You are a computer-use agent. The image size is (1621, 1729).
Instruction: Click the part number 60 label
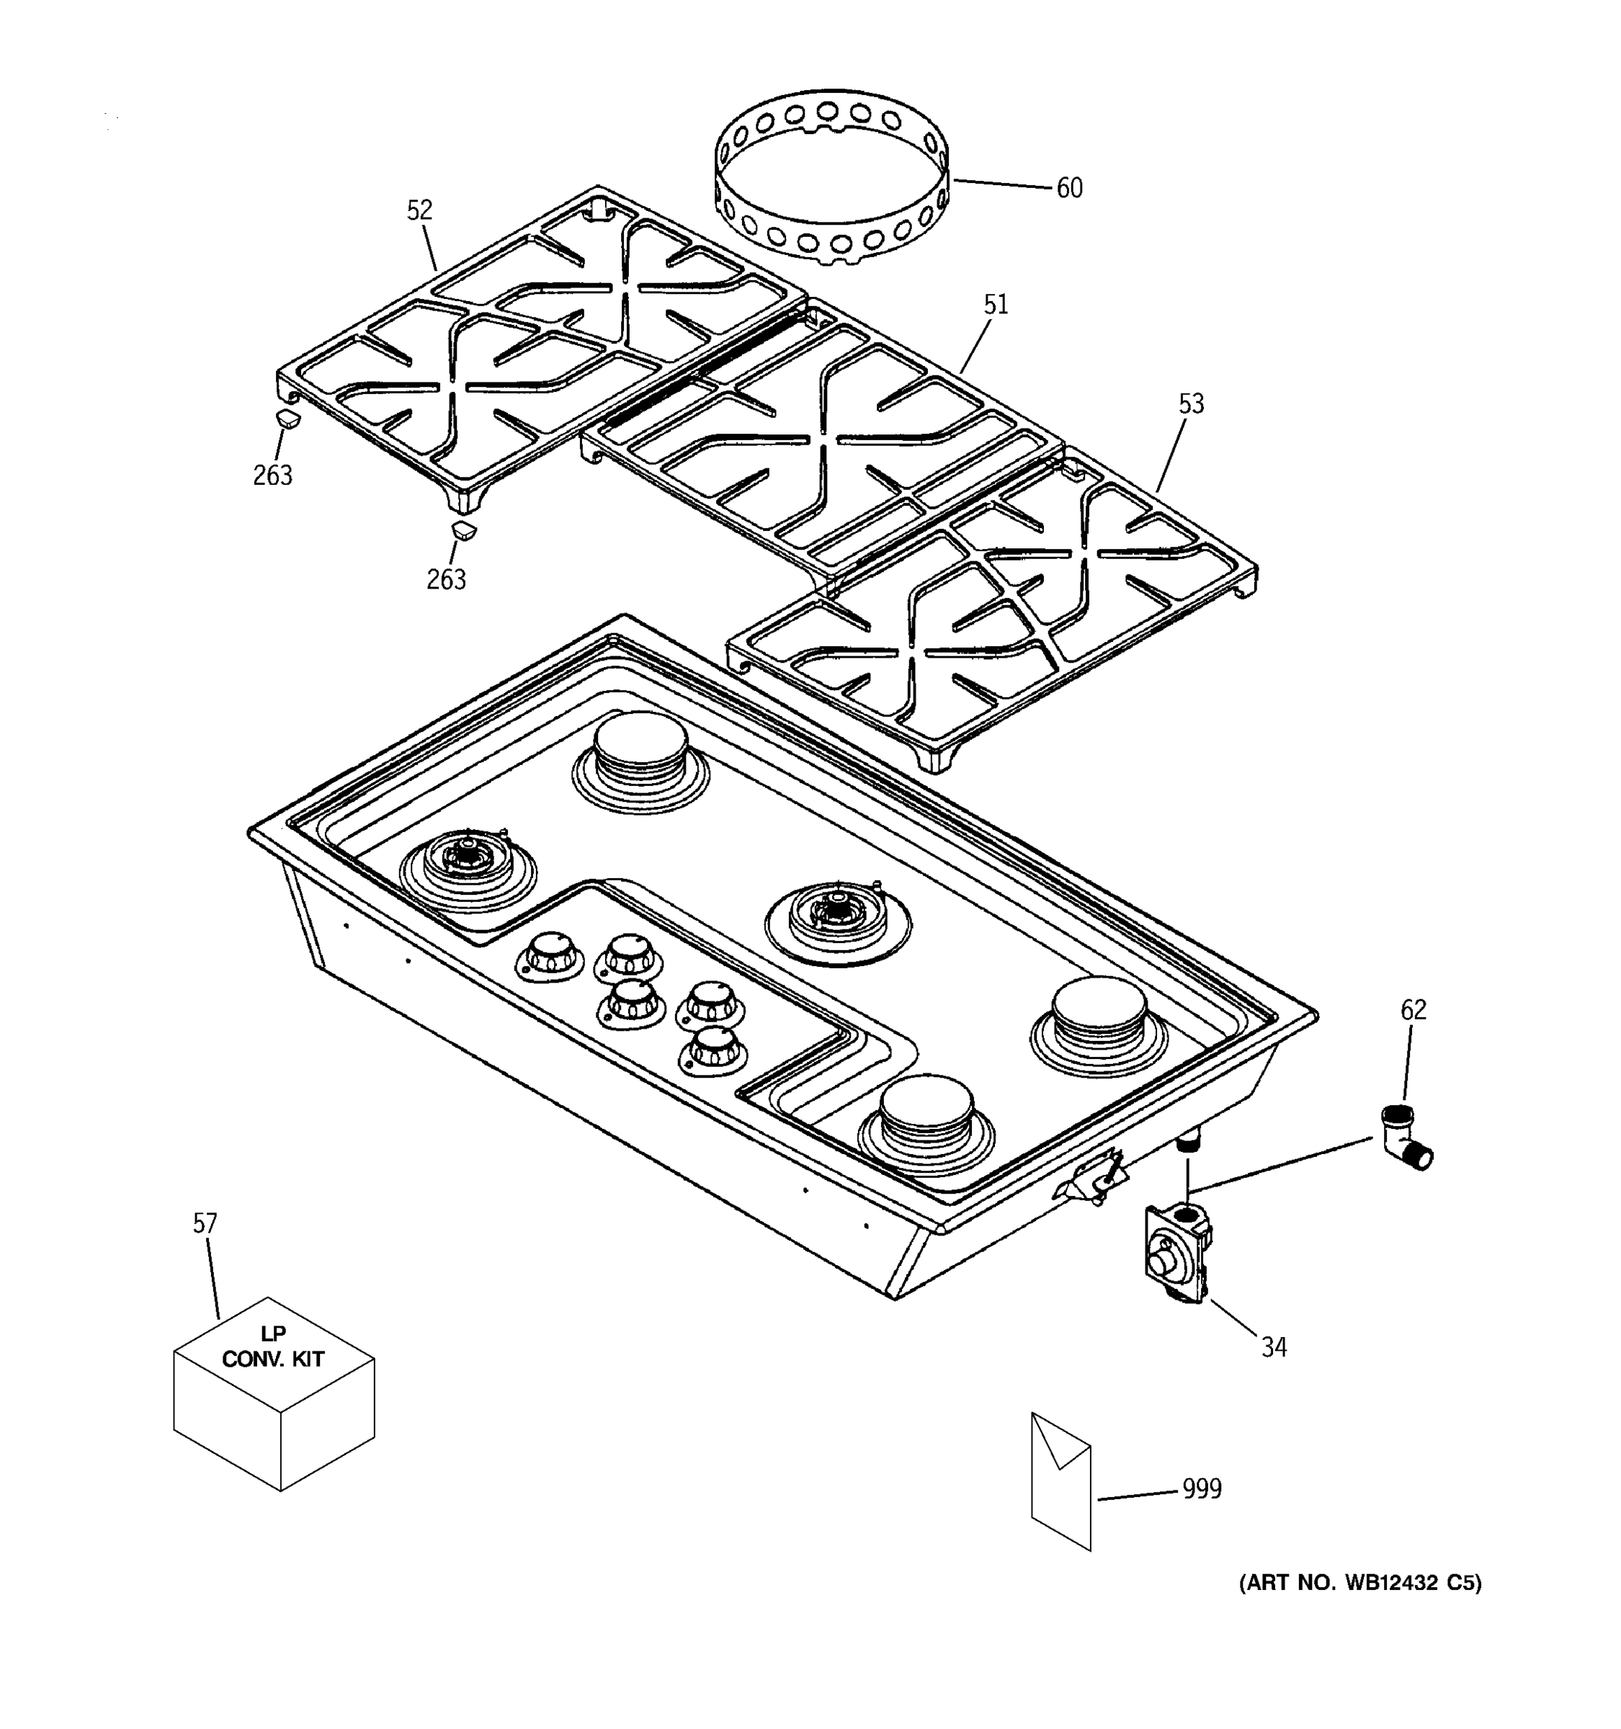pyautogui.click(x=1069, y=188)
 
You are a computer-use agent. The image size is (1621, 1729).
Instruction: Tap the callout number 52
pyautogui.click(x=419, y=210)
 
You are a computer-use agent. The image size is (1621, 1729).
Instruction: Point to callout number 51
pyautogui.click(x=996, y=305)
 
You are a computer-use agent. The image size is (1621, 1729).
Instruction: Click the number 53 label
pyautogui.click(x=1190, y=403)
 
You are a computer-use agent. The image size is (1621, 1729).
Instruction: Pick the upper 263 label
pyautogui.click(x=272, y=475)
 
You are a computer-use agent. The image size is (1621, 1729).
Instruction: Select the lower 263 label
pyautogui.click(x=445, y=579)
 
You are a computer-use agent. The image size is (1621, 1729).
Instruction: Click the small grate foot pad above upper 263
pyautogui.click(x=288, y=419)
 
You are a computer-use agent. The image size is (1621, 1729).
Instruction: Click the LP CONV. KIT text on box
pyautogui.click(x=273, y=1347)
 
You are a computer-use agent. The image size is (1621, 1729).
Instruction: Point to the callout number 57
pyautogui.click(x=205, y=1224)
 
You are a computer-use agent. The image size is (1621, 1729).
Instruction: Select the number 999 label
pyautogui.click(x=1202, y=1489)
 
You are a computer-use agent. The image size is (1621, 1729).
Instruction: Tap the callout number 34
pyautogui.click(x=1273, y=1347)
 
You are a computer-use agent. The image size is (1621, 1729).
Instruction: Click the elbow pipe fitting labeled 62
pyautogui.click(x=1403, y=1137)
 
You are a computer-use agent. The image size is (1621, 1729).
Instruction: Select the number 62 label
pyautogui.click(x=1414, y=1010)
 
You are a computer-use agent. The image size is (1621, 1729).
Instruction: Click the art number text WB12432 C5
pyautogui.click(x=1360, y=1583)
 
